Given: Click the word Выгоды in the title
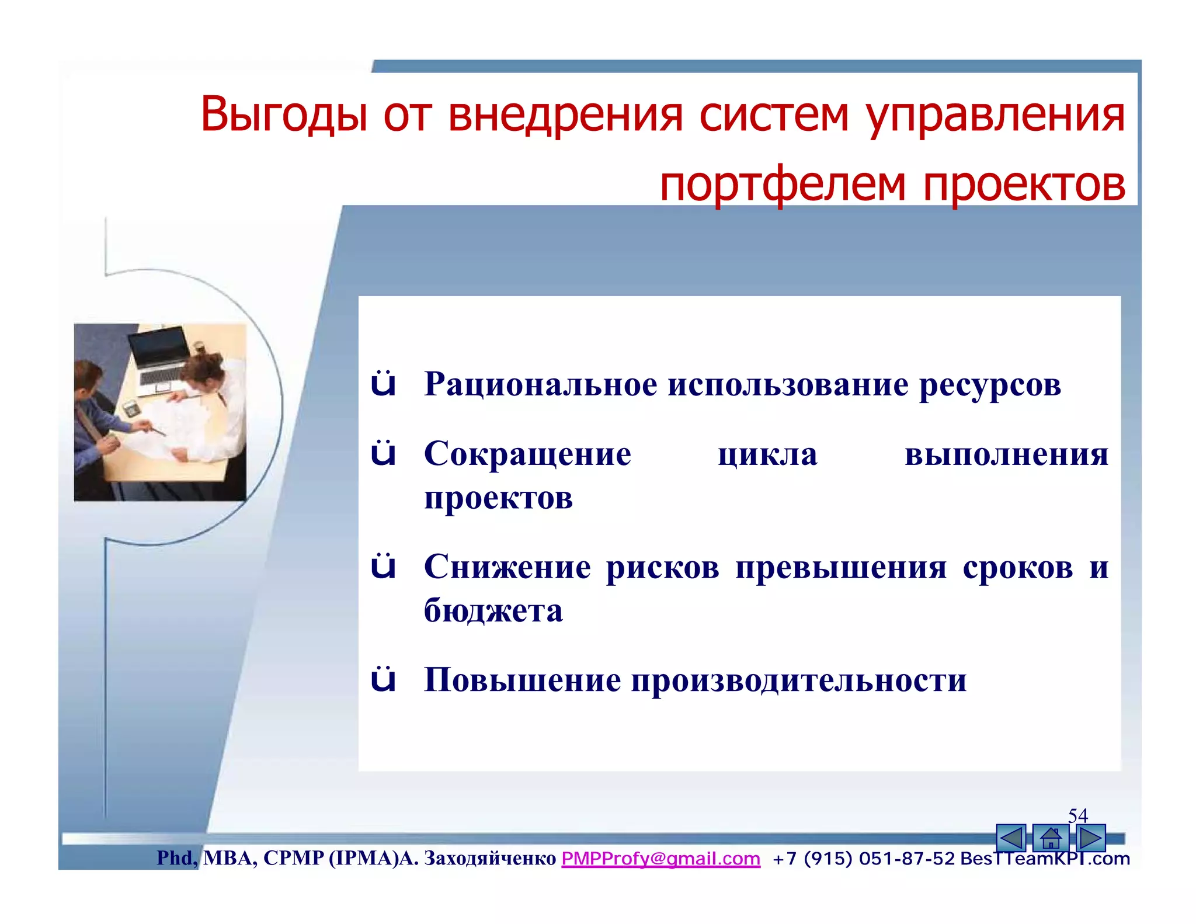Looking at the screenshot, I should coord(284,114).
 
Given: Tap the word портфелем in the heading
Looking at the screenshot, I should coord(783,184).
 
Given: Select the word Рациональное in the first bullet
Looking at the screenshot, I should coord(540,384).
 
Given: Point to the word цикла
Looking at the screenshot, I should coord(767,454).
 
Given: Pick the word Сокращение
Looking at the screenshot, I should coord(527,454).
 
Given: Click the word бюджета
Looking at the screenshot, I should coord(493,611).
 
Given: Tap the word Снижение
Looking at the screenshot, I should coord(507,567).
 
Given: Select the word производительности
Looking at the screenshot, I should coord(798,680).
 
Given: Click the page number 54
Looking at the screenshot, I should coord(1077,815).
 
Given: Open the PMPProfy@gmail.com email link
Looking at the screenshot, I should coord(660,859).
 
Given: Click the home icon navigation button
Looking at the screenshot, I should coord(1050,839).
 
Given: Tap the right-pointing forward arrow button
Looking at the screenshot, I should coord(1090,839).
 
